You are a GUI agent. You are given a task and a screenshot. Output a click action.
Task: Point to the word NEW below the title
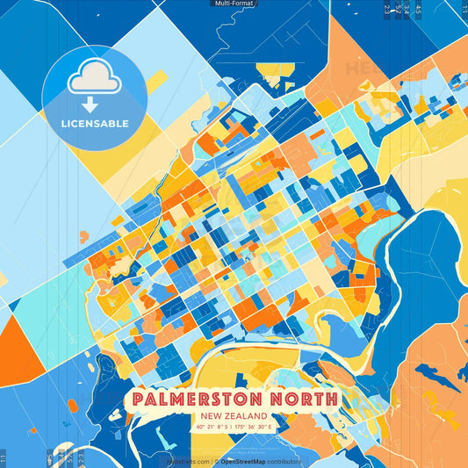pos(211,415)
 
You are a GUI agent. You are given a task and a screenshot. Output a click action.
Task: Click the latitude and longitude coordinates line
pos(234,427)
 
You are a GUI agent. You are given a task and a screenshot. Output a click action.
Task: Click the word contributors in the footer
pos(284,461)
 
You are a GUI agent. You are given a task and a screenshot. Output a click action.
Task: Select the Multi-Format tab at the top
pos(233,4)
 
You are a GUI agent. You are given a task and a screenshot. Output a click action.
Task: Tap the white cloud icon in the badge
pos(93,80)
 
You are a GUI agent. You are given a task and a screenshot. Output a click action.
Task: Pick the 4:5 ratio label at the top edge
pos(418,9)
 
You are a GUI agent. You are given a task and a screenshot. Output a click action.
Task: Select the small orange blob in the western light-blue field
pos(84,236)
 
